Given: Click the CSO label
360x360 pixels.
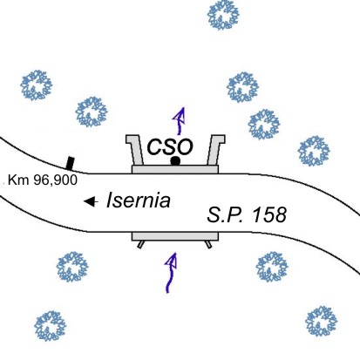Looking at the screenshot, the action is click(170, 147).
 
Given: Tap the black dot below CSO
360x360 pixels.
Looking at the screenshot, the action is click(175, 160).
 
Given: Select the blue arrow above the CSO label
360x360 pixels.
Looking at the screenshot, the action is click(180, 120).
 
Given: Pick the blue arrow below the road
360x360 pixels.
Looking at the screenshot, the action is click(172, 273).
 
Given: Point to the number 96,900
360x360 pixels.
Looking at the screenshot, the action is click(56, 180).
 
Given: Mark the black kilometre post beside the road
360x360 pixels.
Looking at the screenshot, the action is click(70, 163).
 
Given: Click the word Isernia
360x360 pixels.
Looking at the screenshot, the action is click(139, 200).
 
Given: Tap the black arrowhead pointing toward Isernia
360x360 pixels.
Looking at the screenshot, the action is click(91, 201).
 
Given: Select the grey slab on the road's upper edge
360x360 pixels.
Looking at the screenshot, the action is click(175, 169).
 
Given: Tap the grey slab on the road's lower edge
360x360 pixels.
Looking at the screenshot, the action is click(175, 236).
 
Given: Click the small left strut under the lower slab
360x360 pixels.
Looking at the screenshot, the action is click(140, 245).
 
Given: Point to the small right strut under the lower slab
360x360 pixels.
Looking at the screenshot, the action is click(208, 244).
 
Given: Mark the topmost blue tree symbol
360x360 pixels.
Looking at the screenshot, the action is click(223, 15).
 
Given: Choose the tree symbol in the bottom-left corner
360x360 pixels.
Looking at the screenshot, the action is click(51, 326).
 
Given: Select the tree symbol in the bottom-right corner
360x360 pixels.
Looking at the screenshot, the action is click(322, 321).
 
